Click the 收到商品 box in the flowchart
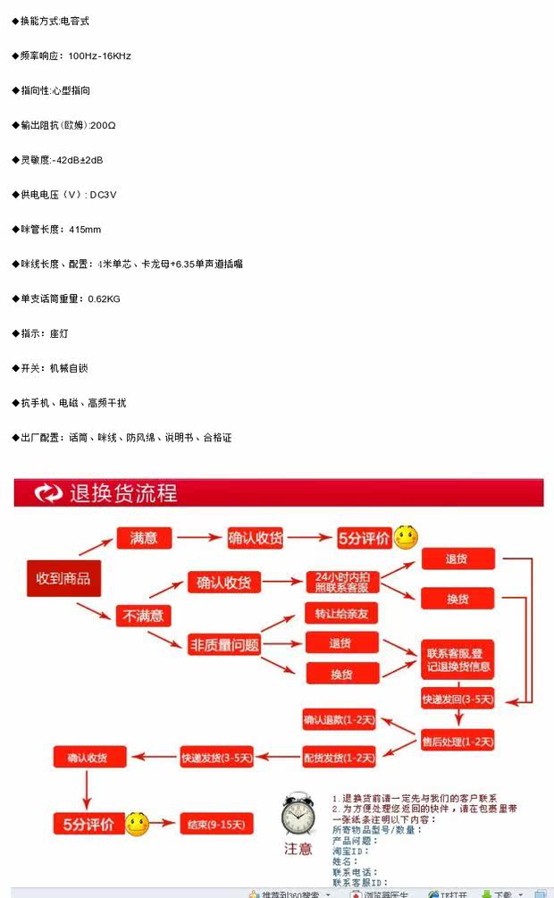pyautogui.click(x=63, y=579)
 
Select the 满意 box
pyautogui.click(x=143, y=538)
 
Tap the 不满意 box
pyautogui.click(x=143, y=615)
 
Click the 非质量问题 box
pyautogui.click(x=224, y=643)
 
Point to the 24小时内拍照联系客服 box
pyautogui.click(x=342, y=582)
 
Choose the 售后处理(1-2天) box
pyautogui.click(x=457, y=741)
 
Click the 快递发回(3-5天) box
pyautogui.click(x=457, y=699)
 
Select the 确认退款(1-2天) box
pyautogui.click(x=340, y=719)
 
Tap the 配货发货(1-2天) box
pyautogui.click(x=340, y=758)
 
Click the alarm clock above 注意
pyautogui.click(x=297, y=815)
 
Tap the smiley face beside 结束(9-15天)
pyautogui.click(x=137, y=824)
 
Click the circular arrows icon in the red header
pyautogui.click(x=47, y=493)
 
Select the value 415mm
pyautogui.click(x=85, y=230)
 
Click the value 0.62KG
pyautogui.click(x=104, y=298)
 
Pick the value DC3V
pyautogui.click(x=104, y=195)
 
